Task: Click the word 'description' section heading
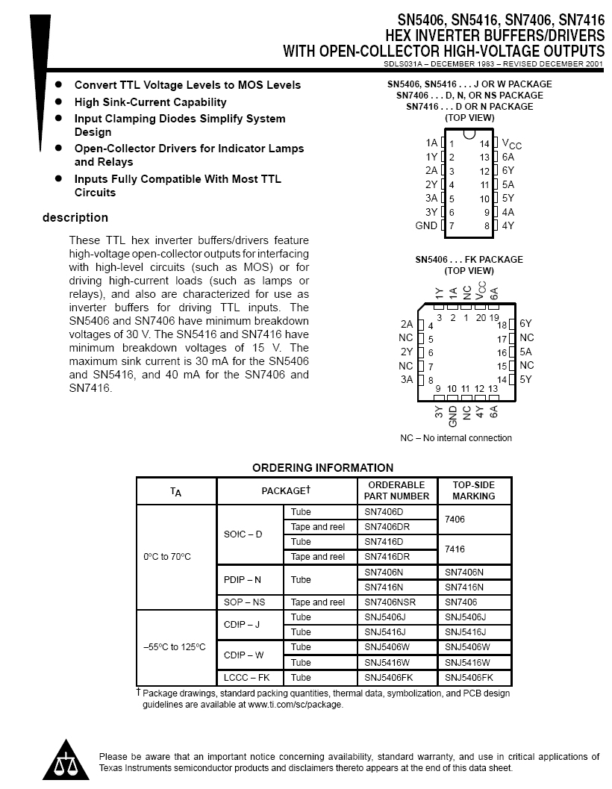[75, 218]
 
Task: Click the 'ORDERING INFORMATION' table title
[322, 468]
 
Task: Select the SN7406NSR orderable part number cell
[390, 602]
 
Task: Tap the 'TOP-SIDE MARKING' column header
[474, 490]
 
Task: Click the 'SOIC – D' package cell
[243, 534]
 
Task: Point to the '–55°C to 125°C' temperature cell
[175, 647]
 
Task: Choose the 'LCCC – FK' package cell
[247, 678]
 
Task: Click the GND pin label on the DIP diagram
[426, 225]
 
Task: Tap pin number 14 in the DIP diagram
[484, 143]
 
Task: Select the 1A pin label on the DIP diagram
[431, 143]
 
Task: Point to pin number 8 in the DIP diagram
[487, 225]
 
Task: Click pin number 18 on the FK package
[502, 325]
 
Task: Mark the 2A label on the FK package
[406, 324]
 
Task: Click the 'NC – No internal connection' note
[456, 438]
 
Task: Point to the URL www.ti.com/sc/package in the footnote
[296, 705]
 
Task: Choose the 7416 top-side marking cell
[455, 549]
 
